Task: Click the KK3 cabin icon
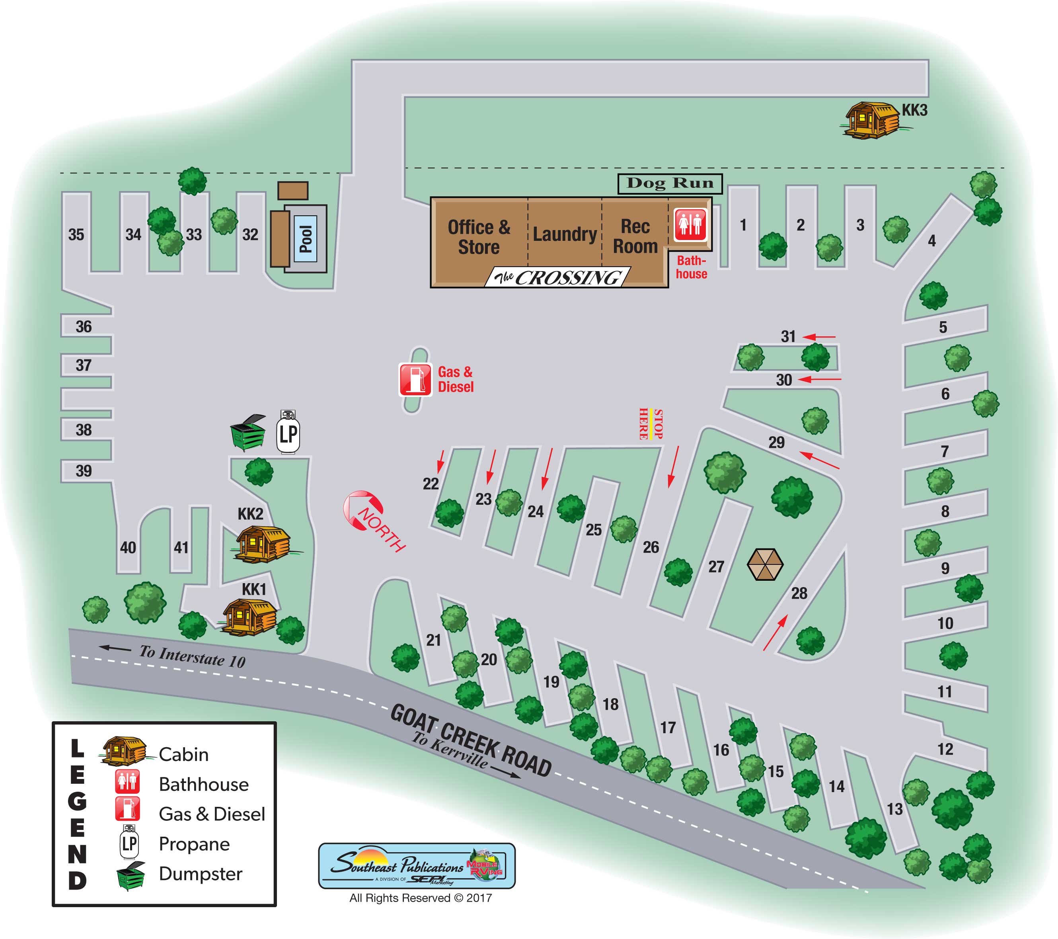point(871,120)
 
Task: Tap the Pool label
point(306,239)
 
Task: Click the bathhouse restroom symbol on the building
point(690,225)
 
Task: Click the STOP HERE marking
point(651,424)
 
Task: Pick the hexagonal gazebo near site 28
point(765,564)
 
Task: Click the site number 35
point(76,234)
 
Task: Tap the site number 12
point(945,749)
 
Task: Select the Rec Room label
point(635,236)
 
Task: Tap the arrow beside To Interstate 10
point(115,648)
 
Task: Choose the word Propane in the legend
point(194,844)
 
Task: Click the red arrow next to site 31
point(819,337)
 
